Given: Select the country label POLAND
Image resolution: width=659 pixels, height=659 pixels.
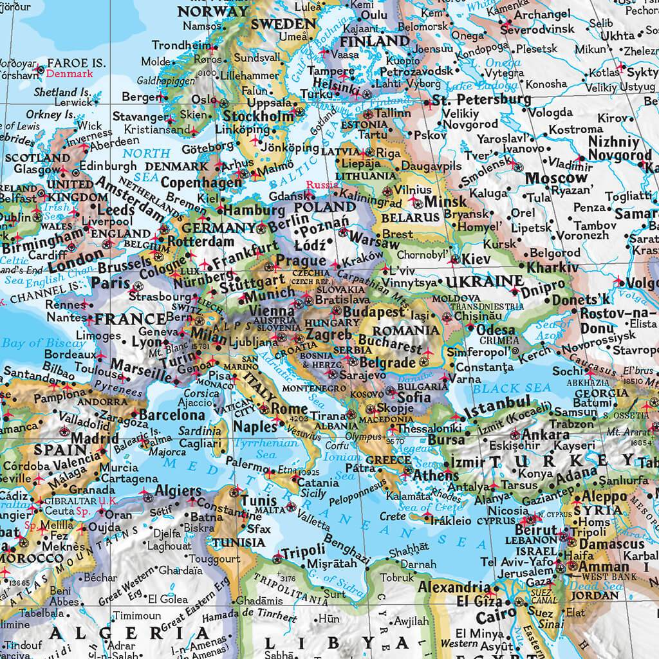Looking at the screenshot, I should [x=325, y=207].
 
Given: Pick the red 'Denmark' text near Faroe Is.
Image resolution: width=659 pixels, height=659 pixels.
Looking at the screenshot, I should [x=70, y=74].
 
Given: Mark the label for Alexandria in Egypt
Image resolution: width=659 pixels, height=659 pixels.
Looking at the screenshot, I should [x=454, y=587].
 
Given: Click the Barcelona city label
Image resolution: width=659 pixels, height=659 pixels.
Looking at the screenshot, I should [x=172, y=415].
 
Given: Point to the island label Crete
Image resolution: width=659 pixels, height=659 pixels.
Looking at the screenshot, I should [x=393, y=516].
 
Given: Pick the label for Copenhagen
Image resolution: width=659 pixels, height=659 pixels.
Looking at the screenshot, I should [x=200, y=183].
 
